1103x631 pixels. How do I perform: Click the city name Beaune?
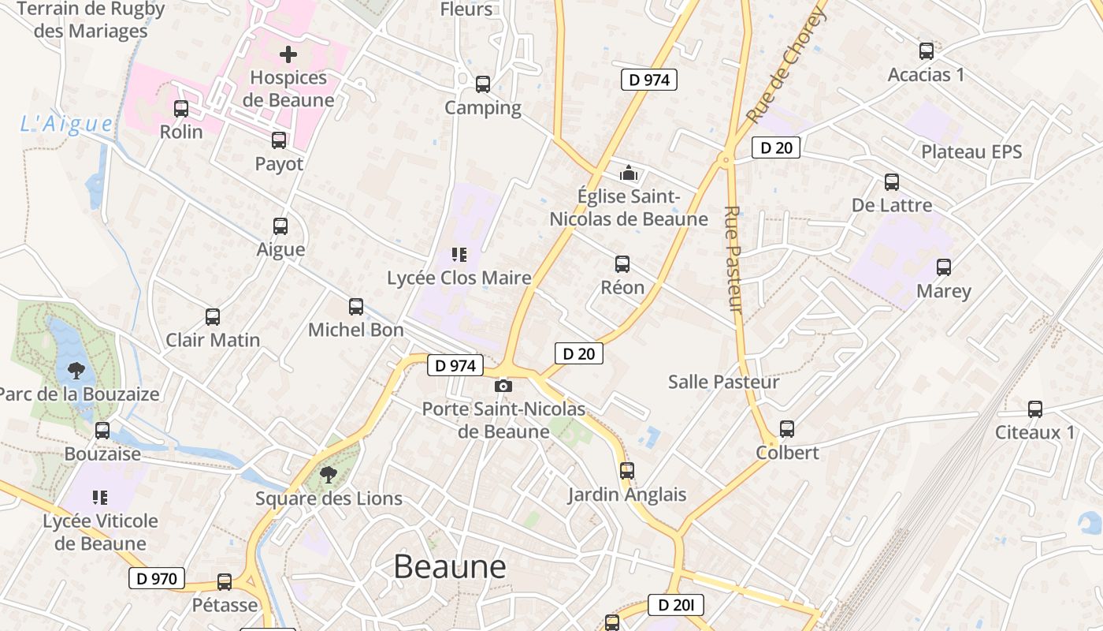pos(449,566)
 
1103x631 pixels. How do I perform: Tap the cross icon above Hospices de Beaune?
pos(288,54)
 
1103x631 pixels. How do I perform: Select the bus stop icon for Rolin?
pos(181,109)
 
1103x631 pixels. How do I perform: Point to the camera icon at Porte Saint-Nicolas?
pos(503,386)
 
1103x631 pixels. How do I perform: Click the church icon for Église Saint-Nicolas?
pos(629,172)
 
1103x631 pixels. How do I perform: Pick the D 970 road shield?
pos(157,578)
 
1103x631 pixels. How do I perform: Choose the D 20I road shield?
pos(675,605)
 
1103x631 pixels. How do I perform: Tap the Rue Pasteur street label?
pos(733,259)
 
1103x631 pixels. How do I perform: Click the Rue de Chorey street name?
pos(786,65)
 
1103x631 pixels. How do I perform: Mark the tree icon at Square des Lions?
pos(329,475)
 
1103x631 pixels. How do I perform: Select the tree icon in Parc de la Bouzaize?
pos(76,370)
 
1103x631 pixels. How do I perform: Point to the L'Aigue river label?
pos(67,124)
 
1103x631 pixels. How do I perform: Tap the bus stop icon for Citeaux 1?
pos(1034,409)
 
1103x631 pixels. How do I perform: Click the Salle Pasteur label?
pos(723,382)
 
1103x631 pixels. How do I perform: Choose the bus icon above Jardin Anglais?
pos(626,471)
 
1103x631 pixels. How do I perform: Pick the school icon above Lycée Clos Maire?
pos(459,254)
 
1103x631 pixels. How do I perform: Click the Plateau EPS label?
pos(971,151)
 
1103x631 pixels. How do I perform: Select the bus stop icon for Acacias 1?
pos(926,51)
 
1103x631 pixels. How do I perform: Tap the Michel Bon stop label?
pos(355,330)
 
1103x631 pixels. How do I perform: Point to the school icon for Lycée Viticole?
pos(100,497)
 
